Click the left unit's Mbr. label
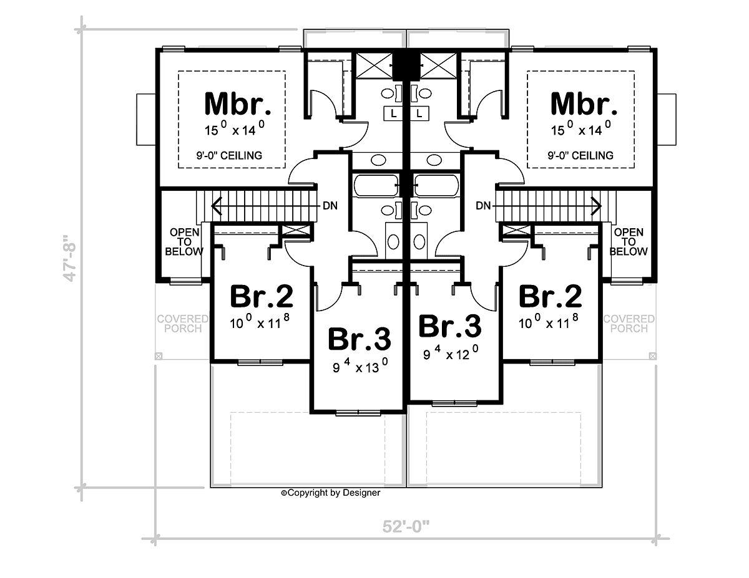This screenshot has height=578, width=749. [x=238, y=104]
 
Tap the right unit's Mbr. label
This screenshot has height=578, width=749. [x=584, y=104]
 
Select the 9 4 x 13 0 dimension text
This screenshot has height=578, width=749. [x=360, y=366]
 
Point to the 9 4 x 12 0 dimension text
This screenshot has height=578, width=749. [x=451, y=352]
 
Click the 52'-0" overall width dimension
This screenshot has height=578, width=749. [x=406, y=527]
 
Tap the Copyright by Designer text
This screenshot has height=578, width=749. [x=331, y=493]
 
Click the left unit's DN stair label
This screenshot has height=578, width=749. [x=330, y=206]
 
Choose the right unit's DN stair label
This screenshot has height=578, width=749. [x=483, y=206]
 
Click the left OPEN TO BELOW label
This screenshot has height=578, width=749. [x=184, y=242]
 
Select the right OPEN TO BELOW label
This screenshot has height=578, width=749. [x=629, y=242]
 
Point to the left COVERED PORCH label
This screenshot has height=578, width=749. [x=183, y=324]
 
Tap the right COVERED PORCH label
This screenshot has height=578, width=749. [x=629, y=324]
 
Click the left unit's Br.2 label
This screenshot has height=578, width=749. [x=262, y=296]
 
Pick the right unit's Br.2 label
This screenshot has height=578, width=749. [x=551, y=296]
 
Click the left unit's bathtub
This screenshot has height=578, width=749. [x=376, y=186]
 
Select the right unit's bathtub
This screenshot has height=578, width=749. [x=436, y=186]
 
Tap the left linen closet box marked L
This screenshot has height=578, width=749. [x=393, y=113]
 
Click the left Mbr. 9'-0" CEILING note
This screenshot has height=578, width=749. [x=229, y=156]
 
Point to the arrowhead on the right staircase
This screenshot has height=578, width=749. [x=598, y=206]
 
